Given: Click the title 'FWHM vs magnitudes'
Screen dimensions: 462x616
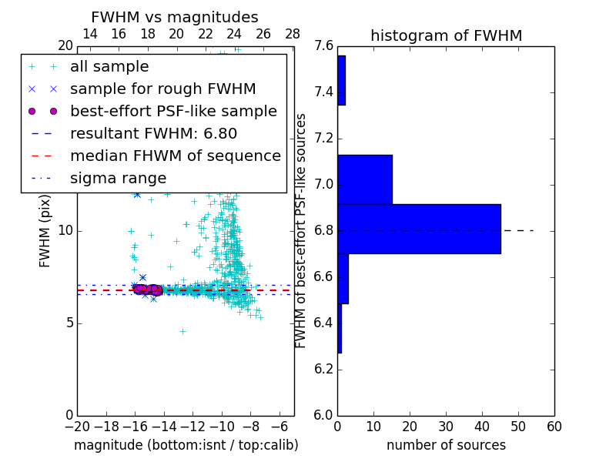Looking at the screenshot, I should coord(175,18).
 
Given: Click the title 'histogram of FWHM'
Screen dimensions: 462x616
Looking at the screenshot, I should coord(446,36).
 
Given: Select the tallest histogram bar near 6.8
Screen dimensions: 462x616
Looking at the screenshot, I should coord(419,229).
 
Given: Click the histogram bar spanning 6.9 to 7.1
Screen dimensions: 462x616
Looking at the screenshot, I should coord(365,179).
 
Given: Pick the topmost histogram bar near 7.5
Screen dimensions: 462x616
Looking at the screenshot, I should coord(341,80).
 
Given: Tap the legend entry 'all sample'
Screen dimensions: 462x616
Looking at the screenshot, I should coord(109,67).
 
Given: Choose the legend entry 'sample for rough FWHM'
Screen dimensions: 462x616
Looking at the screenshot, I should coord(162,89).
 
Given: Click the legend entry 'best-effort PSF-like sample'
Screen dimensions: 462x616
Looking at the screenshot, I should coord(173,112).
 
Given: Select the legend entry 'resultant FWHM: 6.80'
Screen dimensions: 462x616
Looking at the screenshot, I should coord(153,134).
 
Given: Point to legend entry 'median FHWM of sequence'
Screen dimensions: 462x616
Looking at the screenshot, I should coord(175,156).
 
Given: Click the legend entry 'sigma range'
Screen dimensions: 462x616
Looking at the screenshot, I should coord(118,179).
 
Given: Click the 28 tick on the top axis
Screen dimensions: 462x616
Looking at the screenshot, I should coord(293,34).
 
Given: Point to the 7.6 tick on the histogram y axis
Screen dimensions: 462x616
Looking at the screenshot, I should coord(325,46).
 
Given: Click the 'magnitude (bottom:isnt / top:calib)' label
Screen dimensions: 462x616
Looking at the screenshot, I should coord(186,445).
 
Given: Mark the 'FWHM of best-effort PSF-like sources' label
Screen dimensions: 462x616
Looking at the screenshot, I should coord(301,230).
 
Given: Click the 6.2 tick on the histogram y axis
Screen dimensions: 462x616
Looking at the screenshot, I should coord(325,369).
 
